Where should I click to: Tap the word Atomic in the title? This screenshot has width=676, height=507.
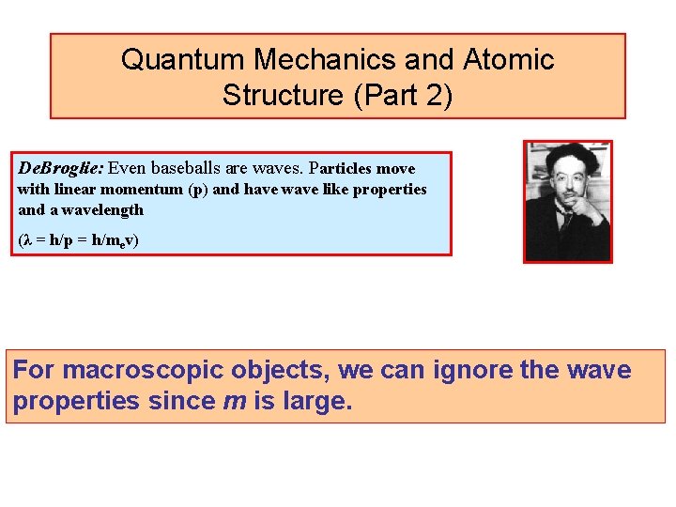(x=509, y=60)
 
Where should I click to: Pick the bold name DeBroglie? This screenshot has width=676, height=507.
(x=61, y=169)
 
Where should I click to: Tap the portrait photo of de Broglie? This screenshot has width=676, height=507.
(x=567, y=202)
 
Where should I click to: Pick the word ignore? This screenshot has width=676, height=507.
(x=472, y=371)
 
